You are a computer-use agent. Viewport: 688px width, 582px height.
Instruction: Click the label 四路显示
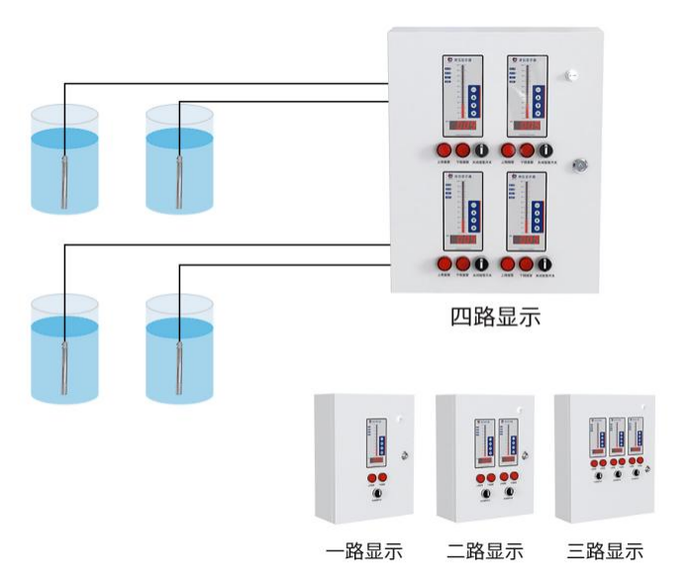click(495, 318)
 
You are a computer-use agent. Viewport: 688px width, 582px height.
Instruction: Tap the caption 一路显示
click(363, 551)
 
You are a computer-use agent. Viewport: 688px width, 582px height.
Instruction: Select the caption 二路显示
click(484, 551)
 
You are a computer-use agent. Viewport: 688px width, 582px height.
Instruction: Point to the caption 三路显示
click(605, 551)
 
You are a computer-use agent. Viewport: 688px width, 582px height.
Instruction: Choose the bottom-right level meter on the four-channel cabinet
click(526, 211)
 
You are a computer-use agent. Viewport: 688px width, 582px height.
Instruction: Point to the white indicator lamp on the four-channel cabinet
click(572, 75)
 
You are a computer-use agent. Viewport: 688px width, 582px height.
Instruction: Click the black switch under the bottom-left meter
click(481, 264)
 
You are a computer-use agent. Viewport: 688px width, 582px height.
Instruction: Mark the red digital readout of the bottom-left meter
click(460, 241)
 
